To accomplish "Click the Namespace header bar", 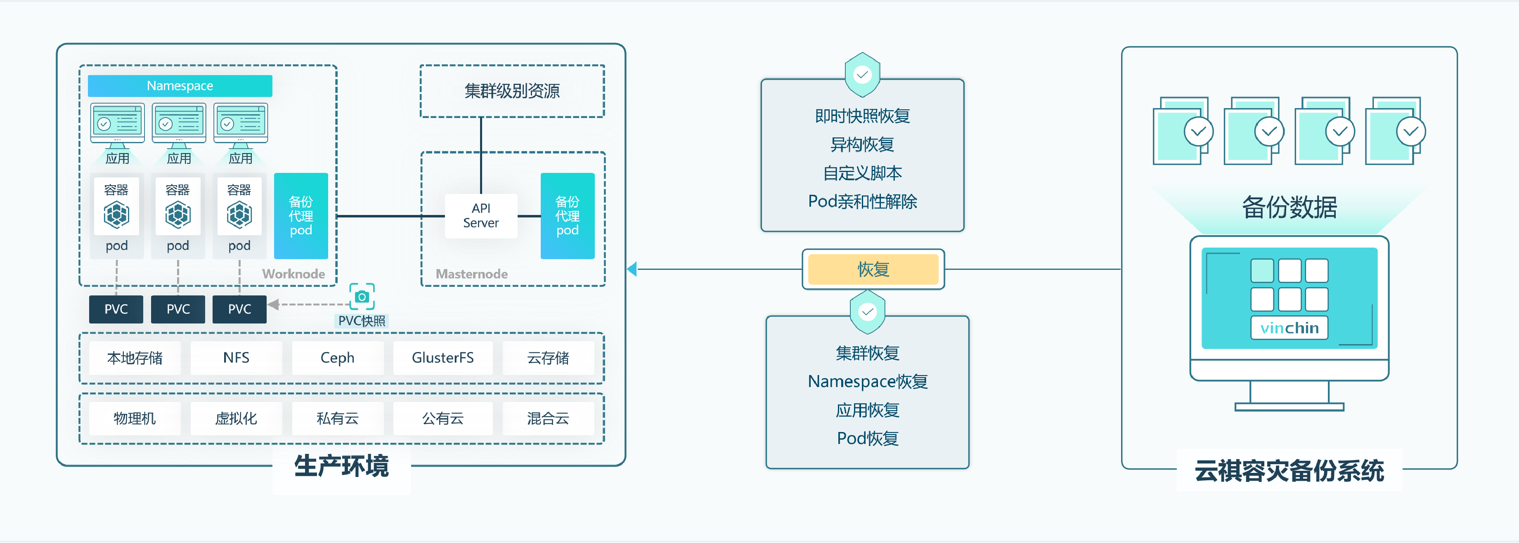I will (x=180, y=85).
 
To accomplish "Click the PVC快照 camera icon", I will (x=362, y=297).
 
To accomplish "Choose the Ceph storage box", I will (x=337, y=358).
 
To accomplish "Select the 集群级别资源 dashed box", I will (x=512, y=91).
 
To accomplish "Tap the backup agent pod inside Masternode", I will (x=567, y=216).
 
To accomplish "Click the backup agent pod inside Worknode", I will (x=301, y=216).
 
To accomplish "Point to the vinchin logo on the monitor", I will (x=1289, y=328).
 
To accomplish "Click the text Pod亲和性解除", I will (x=862, y=202).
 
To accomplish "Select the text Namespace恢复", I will (x=867, y=381).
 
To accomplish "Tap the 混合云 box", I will (x=548, y=419).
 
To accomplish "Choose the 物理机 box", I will (x=135, y=419).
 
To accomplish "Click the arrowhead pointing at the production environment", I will (x=632, y=269).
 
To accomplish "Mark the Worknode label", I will (x=293, y=274).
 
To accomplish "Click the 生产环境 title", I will (x=341, y=466).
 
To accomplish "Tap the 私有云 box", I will (x=337, y=419).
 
